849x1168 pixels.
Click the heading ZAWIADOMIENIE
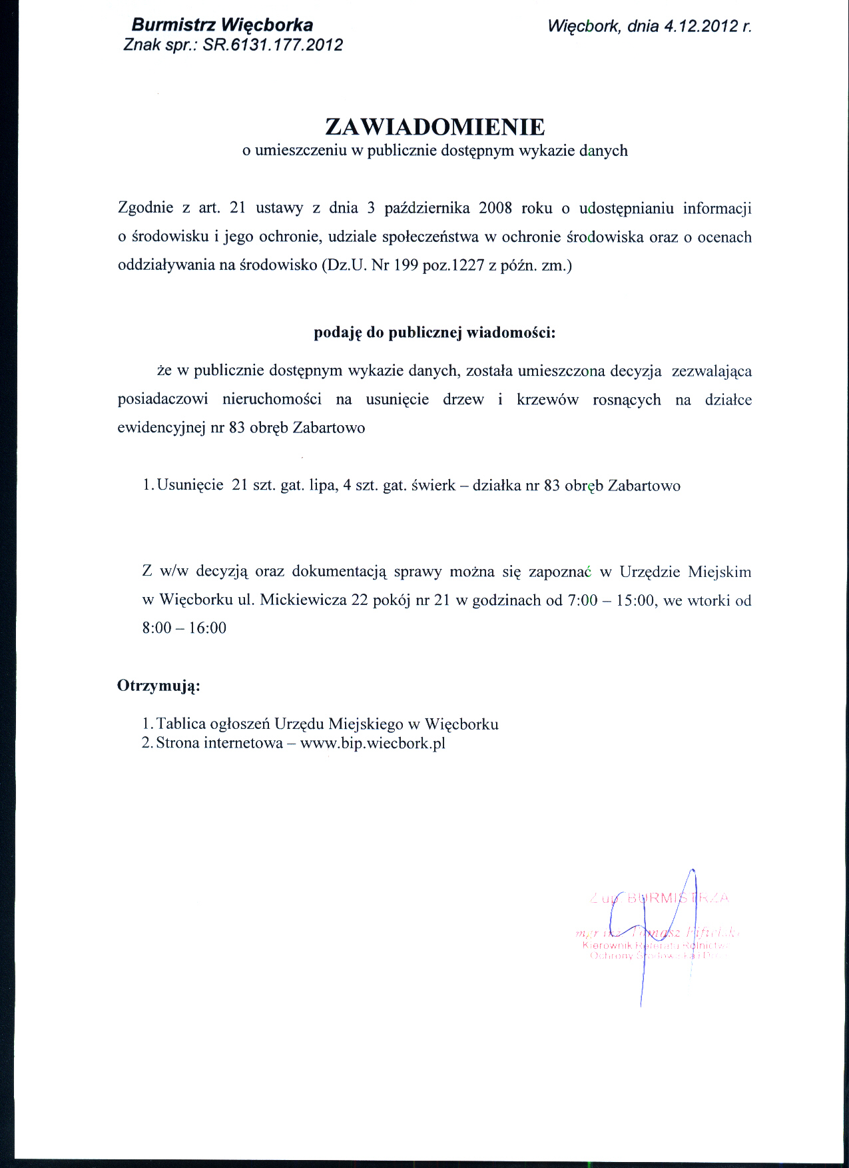[x=434, y=127]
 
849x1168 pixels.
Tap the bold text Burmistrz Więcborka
[x=222, y=25]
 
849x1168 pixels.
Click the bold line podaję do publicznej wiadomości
[x=434, y=333]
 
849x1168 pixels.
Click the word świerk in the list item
[x=433, y=486]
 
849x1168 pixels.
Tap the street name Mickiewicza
[x=303, y=600]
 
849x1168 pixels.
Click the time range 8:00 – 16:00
[x=184, y=628]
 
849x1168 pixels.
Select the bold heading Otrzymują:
[x=158, y=686]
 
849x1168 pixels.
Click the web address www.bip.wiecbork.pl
[x=372, y=744]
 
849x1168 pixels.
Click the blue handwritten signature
[x=649, y=933]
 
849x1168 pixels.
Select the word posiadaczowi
[x=162, y=400]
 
